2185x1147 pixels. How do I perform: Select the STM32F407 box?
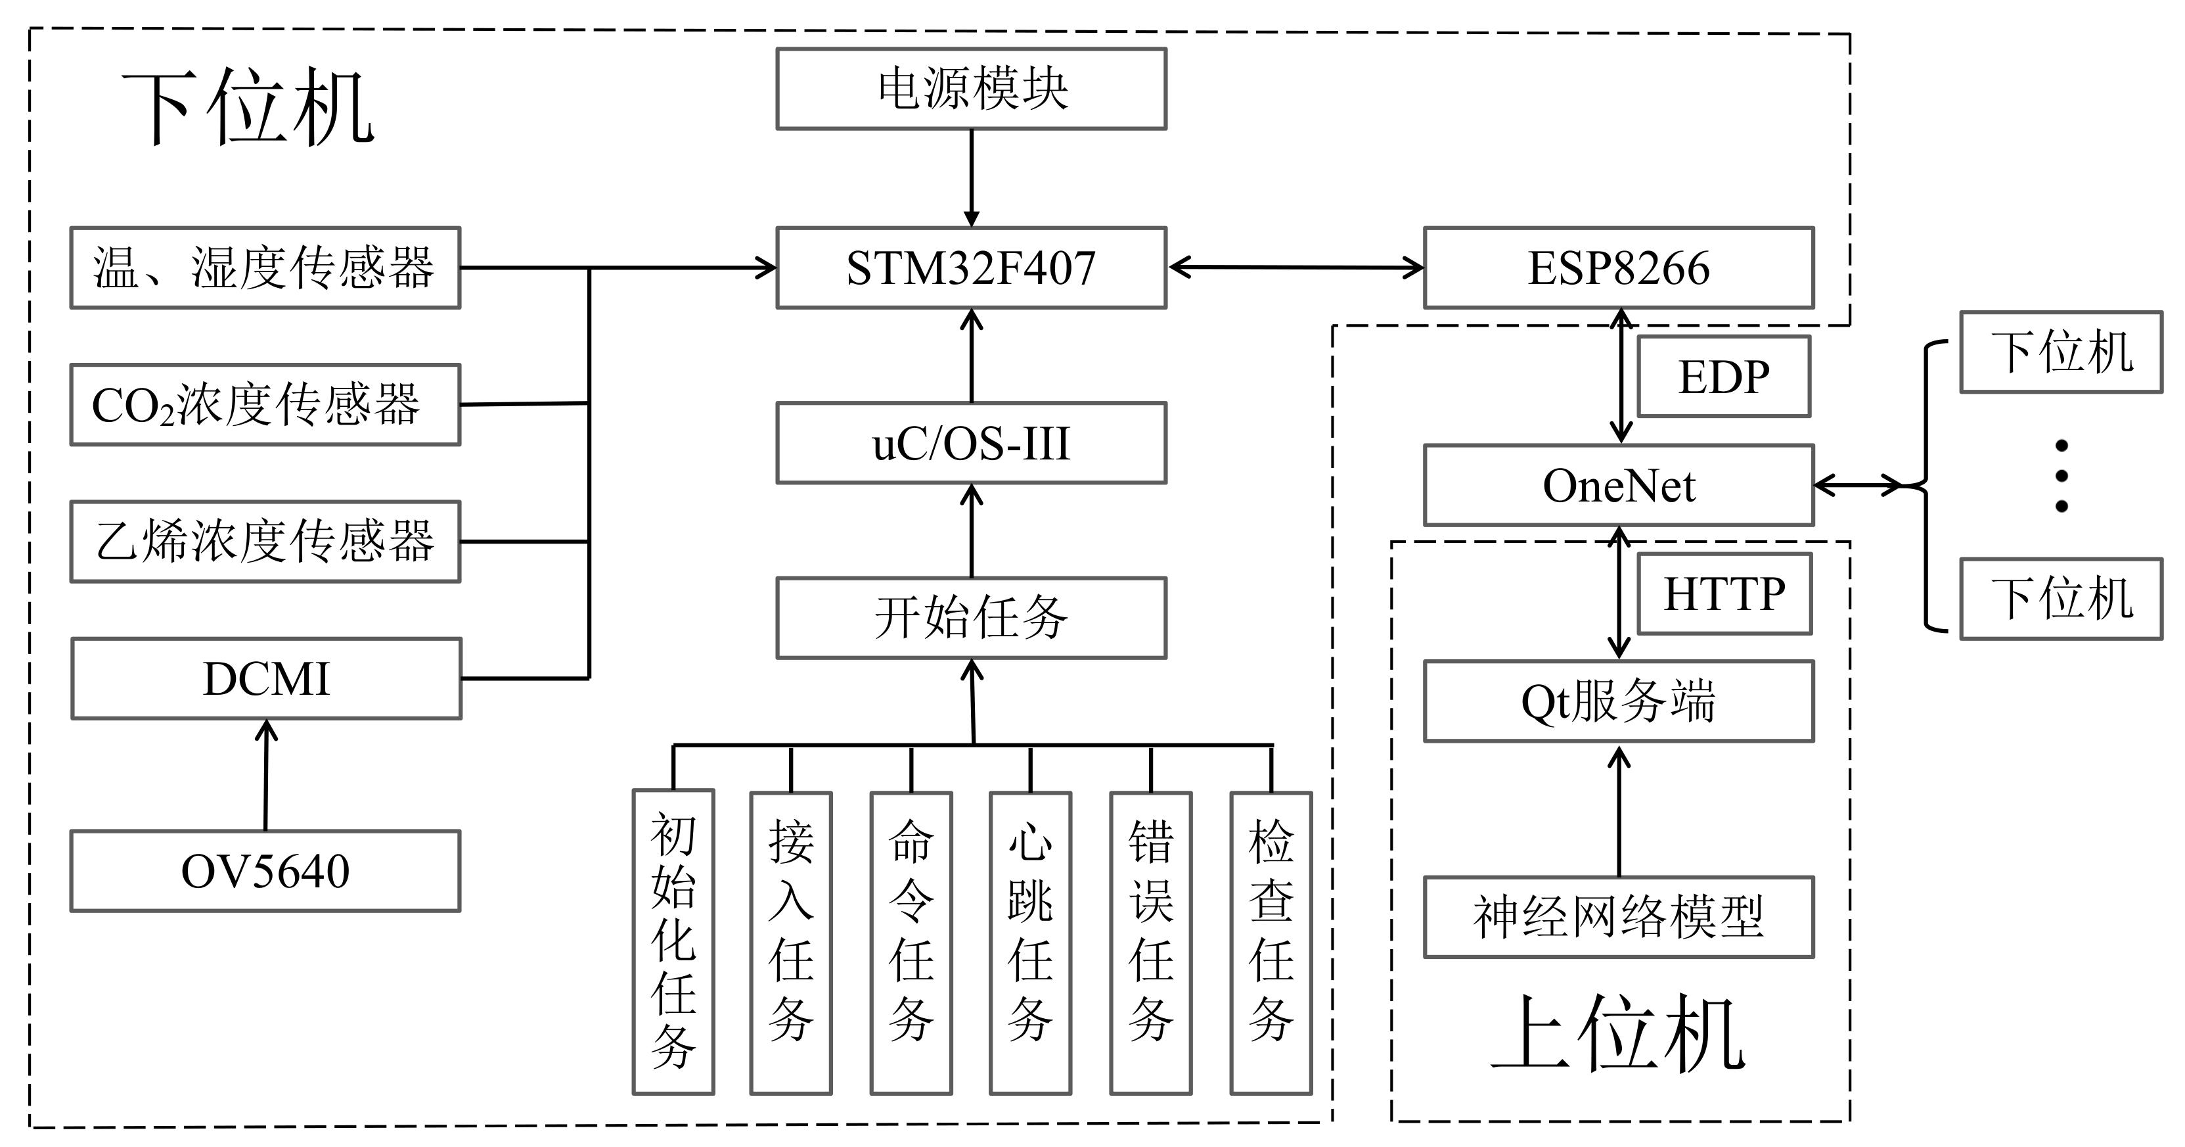[x=971, y=268]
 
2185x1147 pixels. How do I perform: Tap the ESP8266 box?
[x=1619, y=268]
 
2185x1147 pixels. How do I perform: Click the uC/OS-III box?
[x=971, y=443]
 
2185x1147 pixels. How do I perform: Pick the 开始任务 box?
[x=971, y=618]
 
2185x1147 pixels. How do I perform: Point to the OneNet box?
[x=1619, y=485]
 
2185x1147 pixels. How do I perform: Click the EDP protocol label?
[x=1724, y=377]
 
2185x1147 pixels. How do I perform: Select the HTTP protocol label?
[x=1724, y=594]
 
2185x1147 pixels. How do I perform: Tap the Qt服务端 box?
[x=1619, y=701]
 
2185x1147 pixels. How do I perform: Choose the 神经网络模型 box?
[x=1619, y=917]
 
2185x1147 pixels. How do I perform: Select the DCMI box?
[x=266, y=679]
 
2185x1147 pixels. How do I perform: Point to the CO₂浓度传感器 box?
[x=265, y=405]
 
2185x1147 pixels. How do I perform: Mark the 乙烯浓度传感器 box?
[x=265, y=541]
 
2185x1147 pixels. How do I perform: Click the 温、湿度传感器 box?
[x=265, y=268]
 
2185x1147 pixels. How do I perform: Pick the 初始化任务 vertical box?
[x=673, y=942]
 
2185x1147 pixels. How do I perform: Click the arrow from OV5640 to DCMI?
[x=266, y=774]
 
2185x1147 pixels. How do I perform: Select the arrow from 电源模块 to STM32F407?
[x=971, y=178]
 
